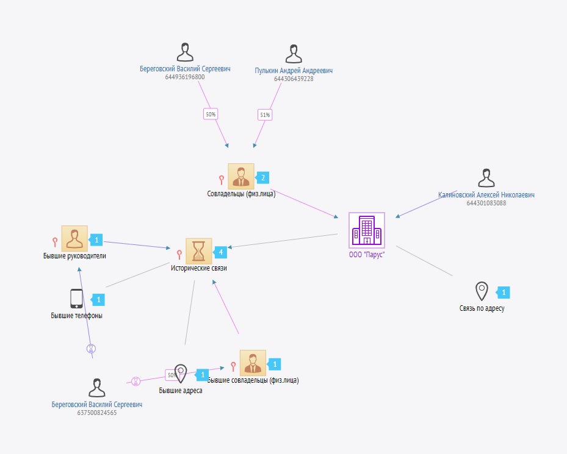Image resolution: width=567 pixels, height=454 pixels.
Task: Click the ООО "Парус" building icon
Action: (367, 230)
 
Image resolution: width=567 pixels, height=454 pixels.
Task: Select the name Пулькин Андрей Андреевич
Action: (294, 71)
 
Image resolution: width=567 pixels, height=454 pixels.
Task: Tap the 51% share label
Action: (265, 115)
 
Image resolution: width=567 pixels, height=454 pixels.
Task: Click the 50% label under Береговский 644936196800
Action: (211, 114)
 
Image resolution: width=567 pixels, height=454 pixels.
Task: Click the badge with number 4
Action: (220, 252)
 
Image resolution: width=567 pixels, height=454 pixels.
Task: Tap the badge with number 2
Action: (262, 177)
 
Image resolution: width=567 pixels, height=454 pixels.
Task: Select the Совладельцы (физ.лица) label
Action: (242, 194)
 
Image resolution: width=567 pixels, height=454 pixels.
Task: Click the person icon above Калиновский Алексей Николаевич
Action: (486, 178)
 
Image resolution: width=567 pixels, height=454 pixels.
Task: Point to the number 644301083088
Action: (486, 203)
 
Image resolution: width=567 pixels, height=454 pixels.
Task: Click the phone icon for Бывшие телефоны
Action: (76, 299)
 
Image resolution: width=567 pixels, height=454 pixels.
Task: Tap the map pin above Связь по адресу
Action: (482, 291)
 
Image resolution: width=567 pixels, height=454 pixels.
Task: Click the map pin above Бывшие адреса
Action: (180, 373)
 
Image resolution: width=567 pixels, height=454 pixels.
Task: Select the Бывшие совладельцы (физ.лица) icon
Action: (253, 363)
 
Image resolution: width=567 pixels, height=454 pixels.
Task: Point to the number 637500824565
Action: (97, 413)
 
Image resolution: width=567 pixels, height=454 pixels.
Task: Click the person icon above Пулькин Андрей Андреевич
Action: (294, 53)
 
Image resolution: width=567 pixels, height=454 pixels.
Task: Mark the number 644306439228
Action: (294, 79)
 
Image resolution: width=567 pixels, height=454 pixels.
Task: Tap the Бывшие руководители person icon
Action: (74, 239)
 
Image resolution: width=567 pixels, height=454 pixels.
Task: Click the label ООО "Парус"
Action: (367, 255)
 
